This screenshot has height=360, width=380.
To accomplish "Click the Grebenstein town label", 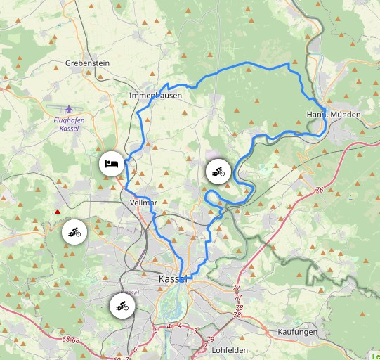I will [x=87, y=63].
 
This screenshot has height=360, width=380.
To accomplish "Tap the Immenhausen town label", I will [x=156, y=95].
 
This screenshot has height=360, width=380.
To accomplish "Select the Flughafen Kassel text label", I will [x=68, y=124].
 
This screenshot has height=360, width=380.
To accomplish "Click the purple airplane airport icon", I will [x=68, y=109].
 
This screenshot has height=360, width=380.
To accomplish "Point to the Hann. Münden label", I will [x=334, y=114].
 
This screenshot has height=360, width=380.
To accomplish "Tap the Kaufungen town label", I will [x=298, y=331].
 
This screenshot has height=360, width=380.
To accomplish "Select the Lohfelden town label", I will [x=230, y=348].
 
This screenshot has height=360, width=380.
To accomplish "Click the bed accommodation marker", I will [x=111, y=163].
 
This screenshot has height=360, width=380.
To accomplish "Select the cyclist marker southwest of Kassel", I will [x=122, y=306].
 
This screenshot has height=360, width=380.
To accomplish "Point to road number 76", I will [x=320, y=191].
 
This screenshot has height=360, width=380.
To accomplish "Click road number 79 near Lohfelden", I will [x=211, y=340].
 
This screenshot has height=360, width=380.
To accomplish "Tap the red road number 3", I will [x=196, y=330].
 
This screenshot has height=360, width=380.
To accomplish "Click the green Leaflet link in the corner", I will [x=375, y=355].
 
